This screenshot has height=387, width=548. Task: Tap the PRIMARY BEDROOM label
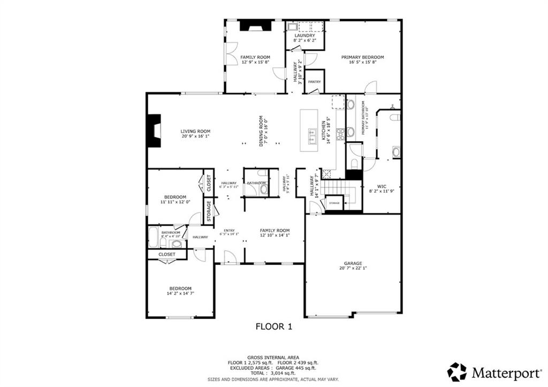point(363,57)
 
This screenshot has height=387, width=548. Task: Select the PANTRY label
point(314,82)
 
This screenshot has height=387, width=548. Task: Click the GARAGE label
point(353,263)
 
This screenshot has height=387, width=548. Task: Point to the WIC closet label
point(382,186)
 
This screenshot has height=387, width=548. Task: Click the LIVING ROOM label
point(195,131)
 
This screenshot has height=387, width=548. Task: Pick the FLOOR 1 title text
point(273,325)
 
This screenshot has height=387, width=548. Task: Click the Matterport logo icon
point(457,371)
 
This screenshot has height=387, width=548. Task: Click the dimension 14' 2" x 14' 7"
point(180,294)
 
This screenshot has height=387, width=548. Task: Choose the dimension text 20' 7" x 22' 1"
point(353,269)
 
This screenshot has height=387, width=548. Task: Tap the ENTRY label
point(229,230)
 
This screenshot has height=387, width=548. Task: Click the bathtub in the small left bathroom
point(153,237)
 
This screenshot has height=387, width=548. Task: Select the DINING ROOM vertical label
point(261,131)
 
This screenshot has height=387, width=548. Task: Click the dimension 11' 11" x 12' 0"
point(175,202)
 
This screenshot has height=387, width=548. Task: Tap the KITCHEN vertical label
point(323,131)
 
